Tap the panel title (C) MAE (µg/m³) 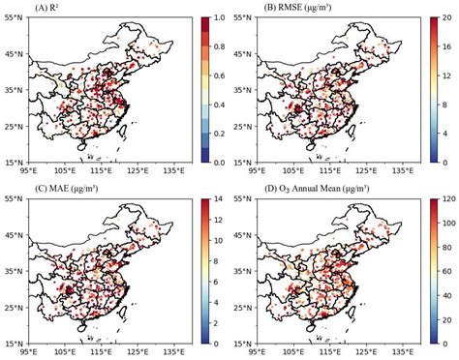tap(65, 188)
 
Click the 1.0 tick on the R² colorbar tap(220, 17)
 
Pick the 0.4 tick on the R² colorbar tap(220, 105)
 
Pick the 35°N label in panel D tap(245, 271)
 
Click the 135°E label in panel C tap(173, 353)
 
